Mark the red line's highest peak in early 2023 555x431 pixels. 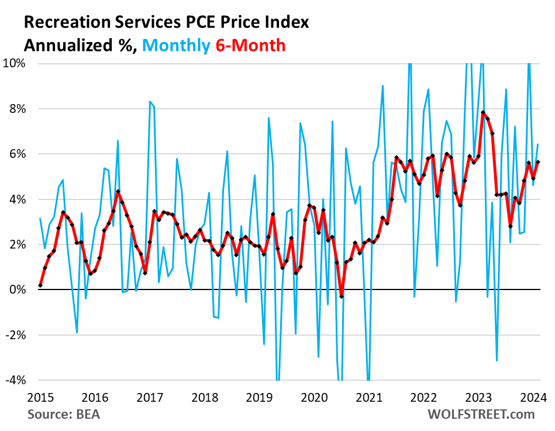pos(483,112)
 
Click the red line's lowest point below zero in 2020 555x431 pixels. pos(342,297)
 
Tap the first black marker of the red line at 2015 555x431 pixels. pos(40,285)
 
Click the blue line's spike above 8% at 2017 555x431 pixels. pos(150,102)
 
